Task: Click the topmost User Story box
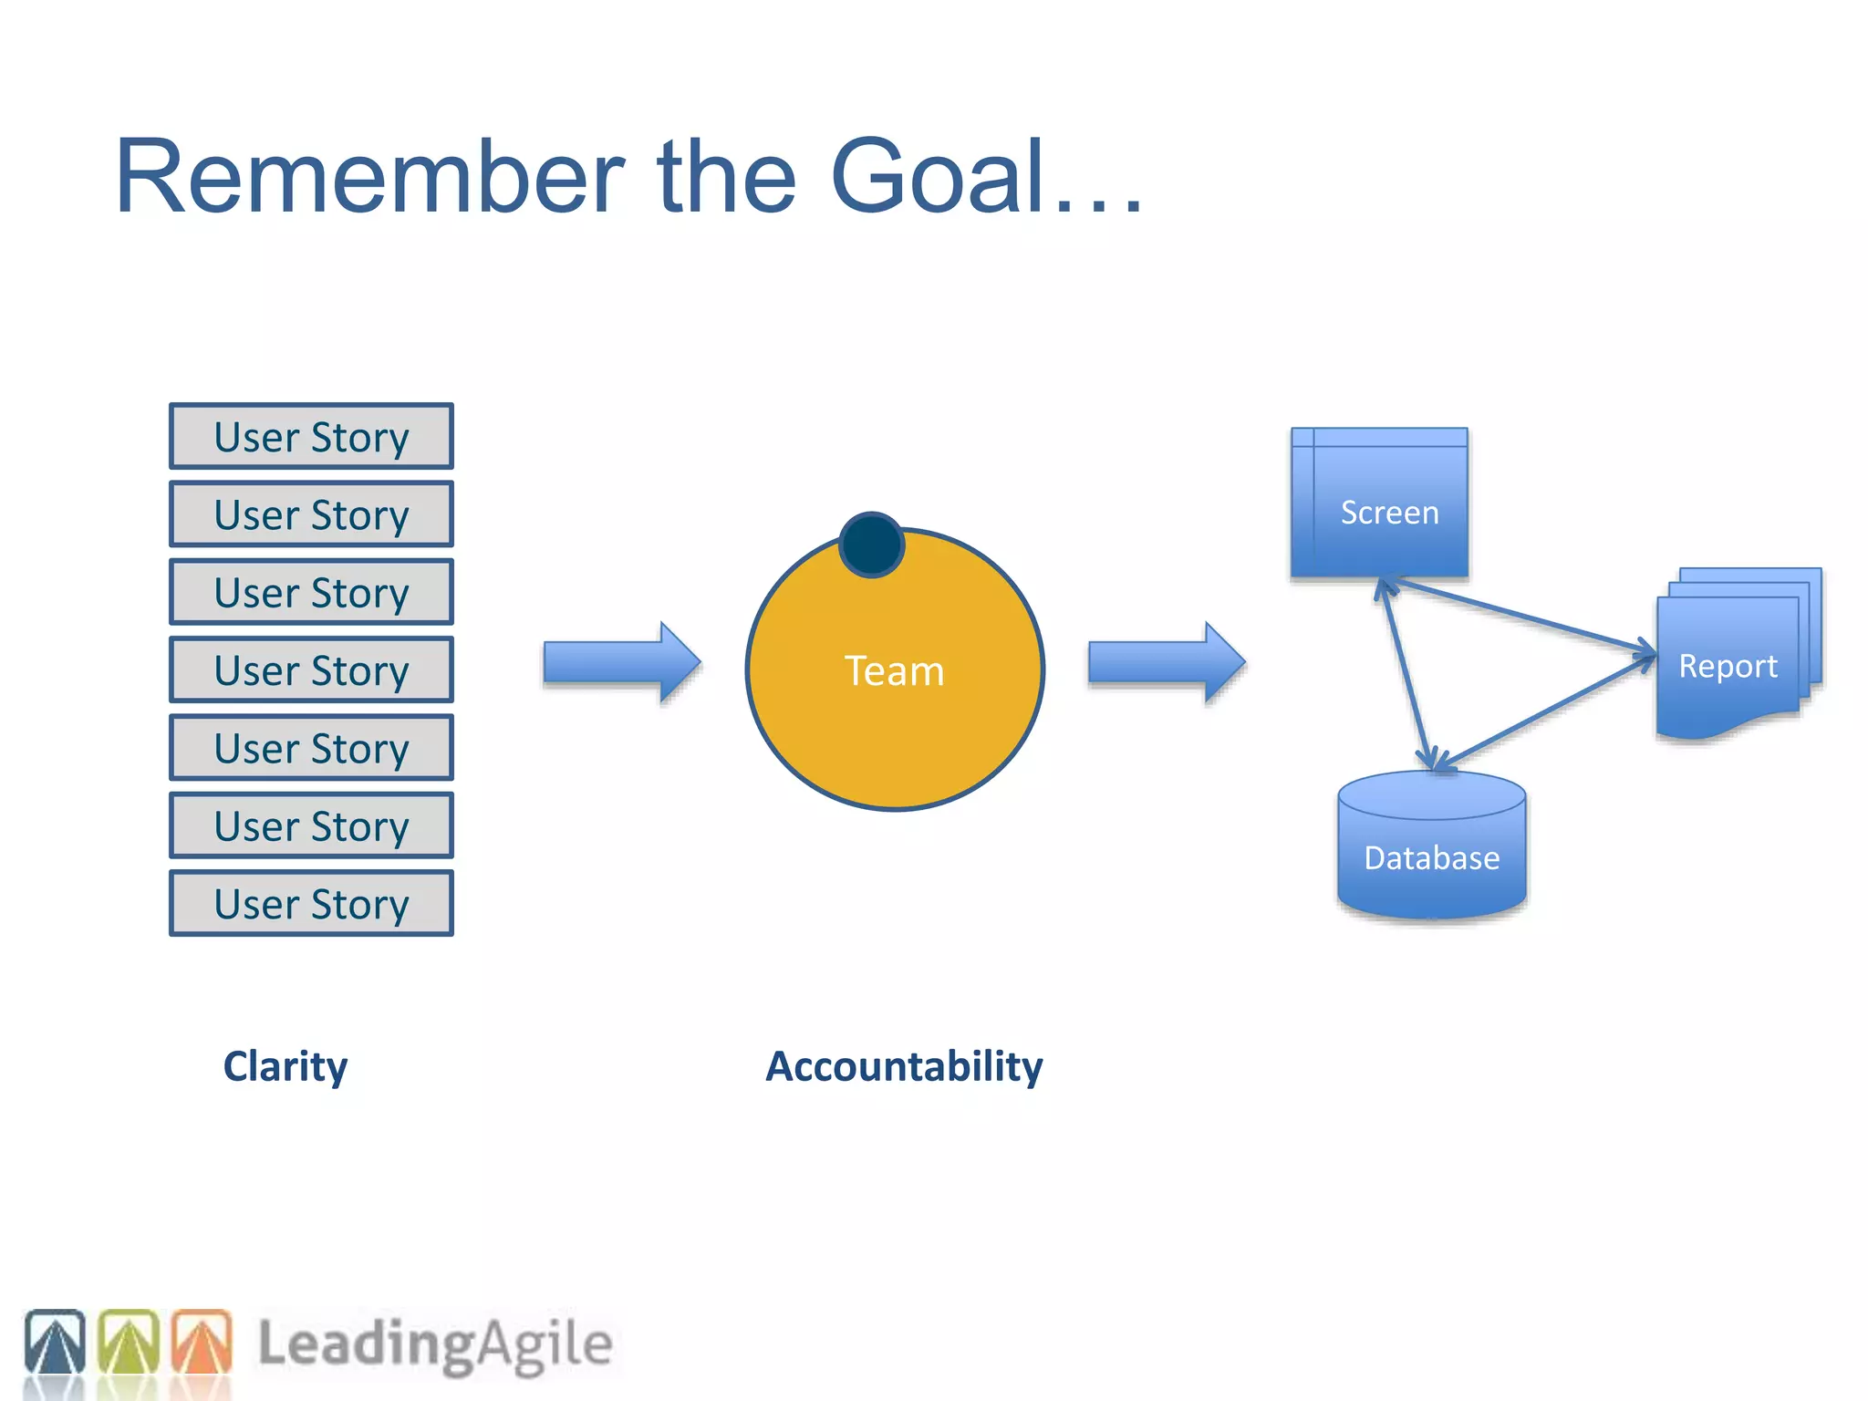point(311,437)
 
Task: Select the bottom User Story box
point(311,904)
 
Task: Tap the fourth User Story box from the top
point(311,670)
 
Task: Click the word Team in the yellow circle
point(894,671)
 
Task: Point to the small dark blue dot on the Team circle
point(871,545)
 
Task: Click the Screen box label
point(1389,513)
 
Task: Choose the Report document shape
point(1728,667)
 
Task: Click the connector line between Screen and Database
point(1407,673)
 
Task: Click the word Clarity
point(285,1066)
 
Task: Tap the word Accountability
point(904,1066)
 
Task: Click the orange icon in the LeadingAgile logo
point(202,1342)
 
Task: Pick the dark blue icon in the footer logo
point(55,1342)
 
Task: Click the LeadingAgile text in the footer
point(435,1344)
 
